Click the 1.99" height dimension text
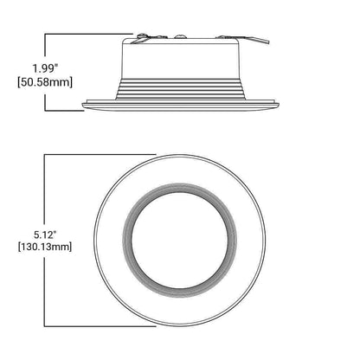(45, 68)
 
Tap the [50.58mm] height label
(45, 82)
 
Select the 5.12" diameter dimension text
(45, 235)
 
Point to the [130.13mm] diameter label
(45, 247)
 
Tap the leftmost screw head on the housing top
(142, 35)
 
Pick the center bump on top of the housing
(180, 36)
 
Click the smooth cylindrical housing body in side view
(180, 61)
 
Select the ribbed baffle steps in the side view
(180, 89)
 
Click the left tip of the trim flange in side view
(82, 106)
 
